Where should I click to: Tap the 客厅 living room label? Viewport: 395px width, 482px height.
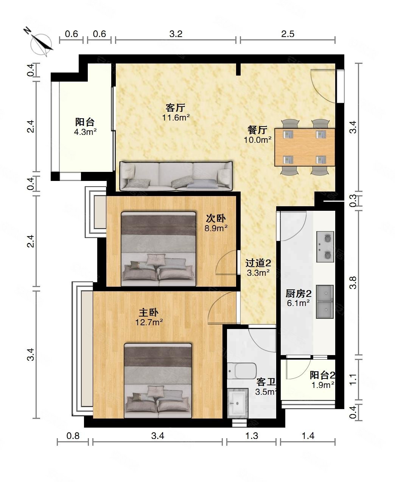tap(176, 108)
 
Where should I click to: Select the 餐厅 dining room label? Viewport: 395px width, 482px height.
tap(257, 130)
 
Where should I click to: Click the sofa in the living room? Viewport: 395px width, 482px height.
tap(176, 176)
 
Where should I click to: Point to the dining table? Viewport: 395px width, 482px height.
tap(305, 147)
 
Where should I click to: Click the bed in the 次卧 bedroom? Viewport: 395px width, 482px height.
tap(158, 249)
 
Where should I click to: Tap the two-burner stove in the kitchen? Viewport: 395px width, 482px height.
tap(325, 247)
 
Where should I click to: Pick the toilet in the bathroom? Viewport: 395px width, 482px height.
tap(242, 371)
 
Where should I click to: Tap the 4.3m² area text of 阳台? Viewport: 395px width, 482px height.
tap(85, 132)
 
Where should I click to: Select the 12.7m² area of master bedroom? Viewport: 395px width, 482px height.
tap(149, 322)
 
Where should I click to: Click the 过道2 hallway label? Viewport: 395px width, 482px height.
tap(258, 263)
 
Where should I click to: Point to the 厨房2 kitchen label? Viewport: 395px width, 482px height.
tap(298, 294)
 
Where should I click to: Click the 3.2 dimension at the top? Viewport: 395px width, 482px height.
tap(176, 34)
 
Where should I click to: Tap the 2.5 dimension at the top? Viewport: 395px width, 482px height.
tap(288, 34)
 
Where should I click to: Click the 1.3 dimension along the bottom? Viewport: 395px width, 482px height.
tap(252, 436)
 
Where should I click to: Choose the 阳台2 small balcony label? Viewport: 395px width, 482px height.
tap(322, 375)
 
